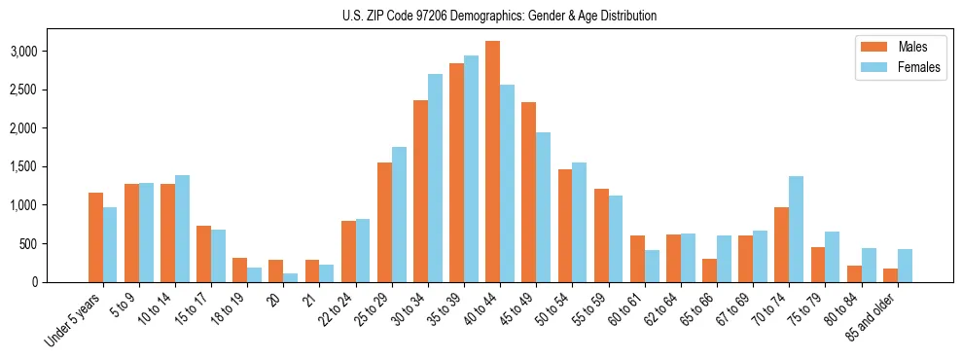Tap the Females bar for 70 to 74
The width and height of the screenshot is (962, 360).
(797, 229)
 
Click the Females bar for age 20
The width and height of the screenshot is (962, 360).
(291, 277)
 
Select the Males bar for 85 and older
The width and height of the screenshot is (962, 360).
(890, 275)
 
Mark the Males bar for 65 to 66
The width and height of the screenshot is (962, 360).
(709, 270)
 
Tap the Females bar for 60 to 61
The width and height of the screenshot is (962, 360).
(652, 266)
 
